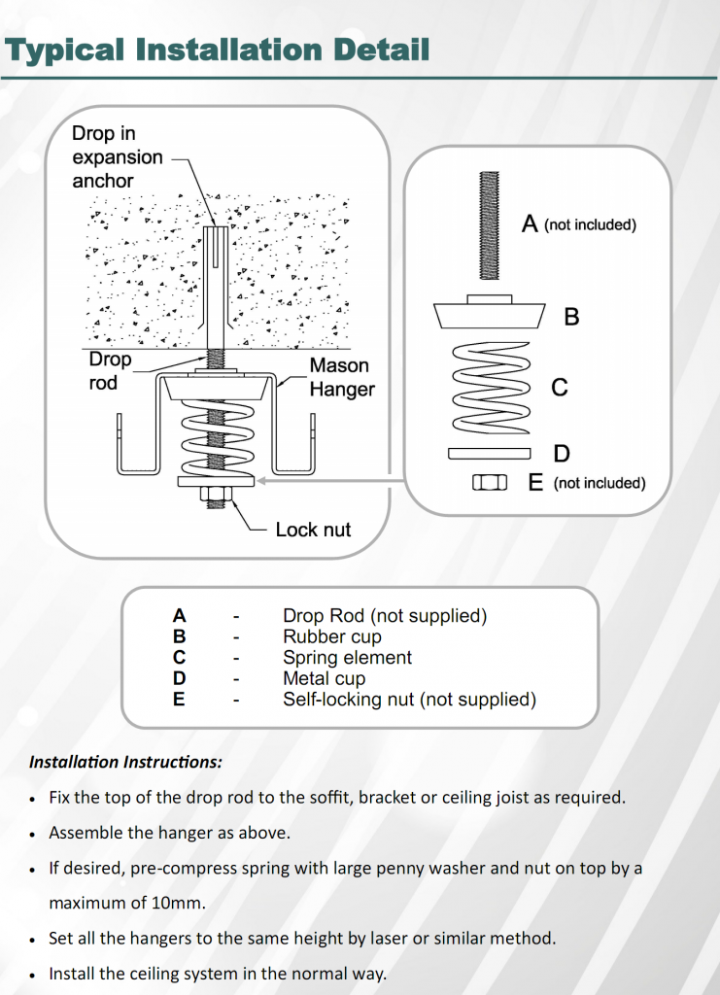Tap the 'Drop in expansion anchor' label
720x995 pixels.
coord(117,157)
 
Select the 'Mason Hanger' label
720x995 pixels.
coord(339,377)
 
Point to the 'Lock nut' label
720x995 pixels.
coord(313,530)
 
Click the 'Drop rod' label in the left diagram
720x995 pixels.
coord(109,371)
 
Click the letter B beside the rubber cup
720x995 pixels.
coord(571,317)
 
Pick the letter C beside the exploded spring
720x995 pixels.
coord(560,388)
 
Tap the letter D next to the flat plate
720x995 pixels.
coord(561,454)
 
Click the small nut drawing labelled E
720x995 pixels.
coord(490,482)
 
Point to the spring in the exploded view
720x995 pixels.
coord(490,388)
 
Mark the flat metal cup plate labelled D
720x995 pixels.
coord(490,453)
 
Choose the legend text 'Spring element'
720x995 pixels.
coord(347,658)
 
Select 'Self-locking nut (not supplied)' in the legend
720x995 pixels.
coord(409,699)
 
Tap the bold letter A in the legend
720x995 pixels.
coord(179,615)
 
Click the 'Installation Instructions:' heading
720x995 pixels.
coord(125,762)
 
